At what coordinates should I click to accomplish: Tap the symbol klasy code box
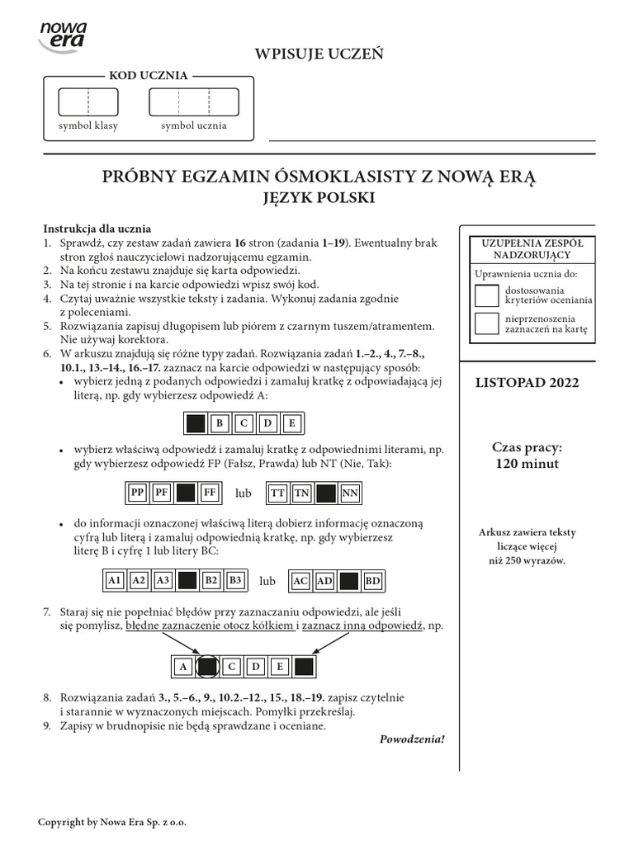pyautogui.click(x=88, y=101)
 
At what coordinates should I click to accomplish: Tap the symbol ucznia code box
pyautogui.click(x=193, y=101)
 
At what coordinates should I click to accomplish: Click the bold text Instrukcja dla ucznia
pyautogui.click(x=97, y=229)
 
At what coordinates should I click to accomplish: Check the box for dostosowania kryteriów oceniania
pyautogui.click(x=487, y=295)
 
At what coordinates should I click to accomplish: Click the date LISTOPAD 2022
pyautogui.click(x=527, y=383)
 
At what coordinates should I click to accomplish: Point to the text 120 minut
pyautogui.click(x=527, y=464)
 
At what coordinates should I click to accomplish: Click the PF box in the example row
pyautogui.click(x=162, y=493)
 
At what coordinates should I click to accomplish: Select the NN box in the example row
pyautogui.click(x=350, y=493)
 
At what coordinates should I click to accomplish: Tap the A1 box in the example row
pyautogui.click(x=115, y=581)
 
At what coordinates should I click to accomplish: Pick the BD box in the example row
pyautogui.click(x=373, y=581)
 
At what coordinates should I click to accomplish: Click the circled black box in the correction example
pyautogui.click(x=208, y=666)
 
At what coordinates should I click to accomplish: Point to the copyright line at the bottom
pyautogui.click(x=118, y=823)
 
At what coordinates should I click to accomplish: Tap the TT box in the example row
pyautogui.click(x=278, y=493)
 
